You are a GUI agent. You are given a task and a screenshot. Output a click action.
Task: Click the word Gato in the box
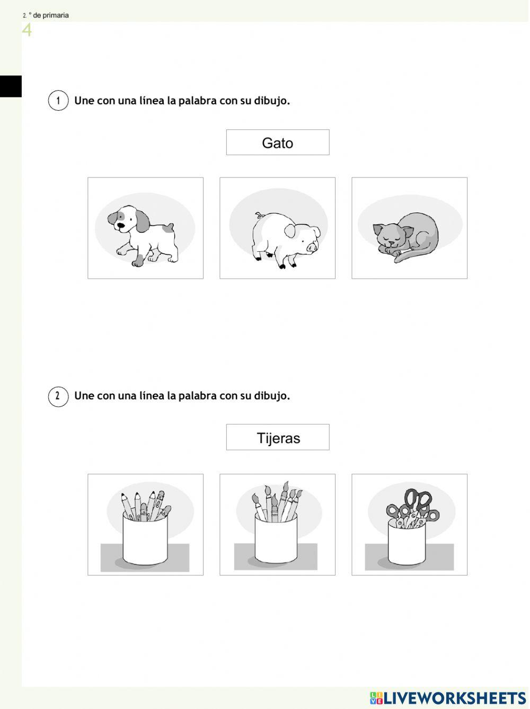click(x=277, y=143)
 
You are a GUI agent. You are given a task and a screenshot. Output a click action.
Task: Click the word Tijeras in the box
click(x=278, y=438)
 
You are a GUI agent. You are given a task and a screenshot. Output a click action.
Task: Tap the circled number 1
click(x=58, y=101)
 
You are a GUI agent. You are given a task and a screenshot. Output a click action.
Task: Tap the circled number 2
click(x=58, y=396)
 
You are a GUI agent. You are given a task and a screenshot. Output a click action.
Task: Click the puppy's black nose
click(x=121, y=225)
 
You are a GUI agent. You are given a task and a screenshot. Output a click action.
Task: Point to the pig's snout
click(x=312, y=247)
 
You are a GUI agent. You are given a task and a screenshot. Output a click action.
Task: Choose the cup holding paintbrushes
click(x=276, y=538)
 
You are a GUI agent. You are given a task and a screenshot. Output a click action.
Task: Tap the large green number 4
click(x=27, y=30)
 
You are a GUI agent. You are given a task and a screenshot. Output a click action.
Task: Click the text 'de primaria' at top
click(x=51, y=15)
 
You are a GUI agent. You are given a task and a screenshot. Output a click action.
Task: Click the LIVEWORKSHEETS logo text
click(x=454, y=698)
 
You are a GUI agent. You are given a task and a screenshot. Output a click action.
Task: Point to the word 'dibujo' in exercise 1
click(x=270, y=101)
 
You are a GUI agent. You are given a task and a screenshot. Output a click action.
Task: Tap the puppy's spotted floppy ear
click(x=142, y=221)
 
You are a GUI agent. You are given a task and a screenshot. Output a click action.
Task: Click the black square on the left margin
click(x=11, y=86)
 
